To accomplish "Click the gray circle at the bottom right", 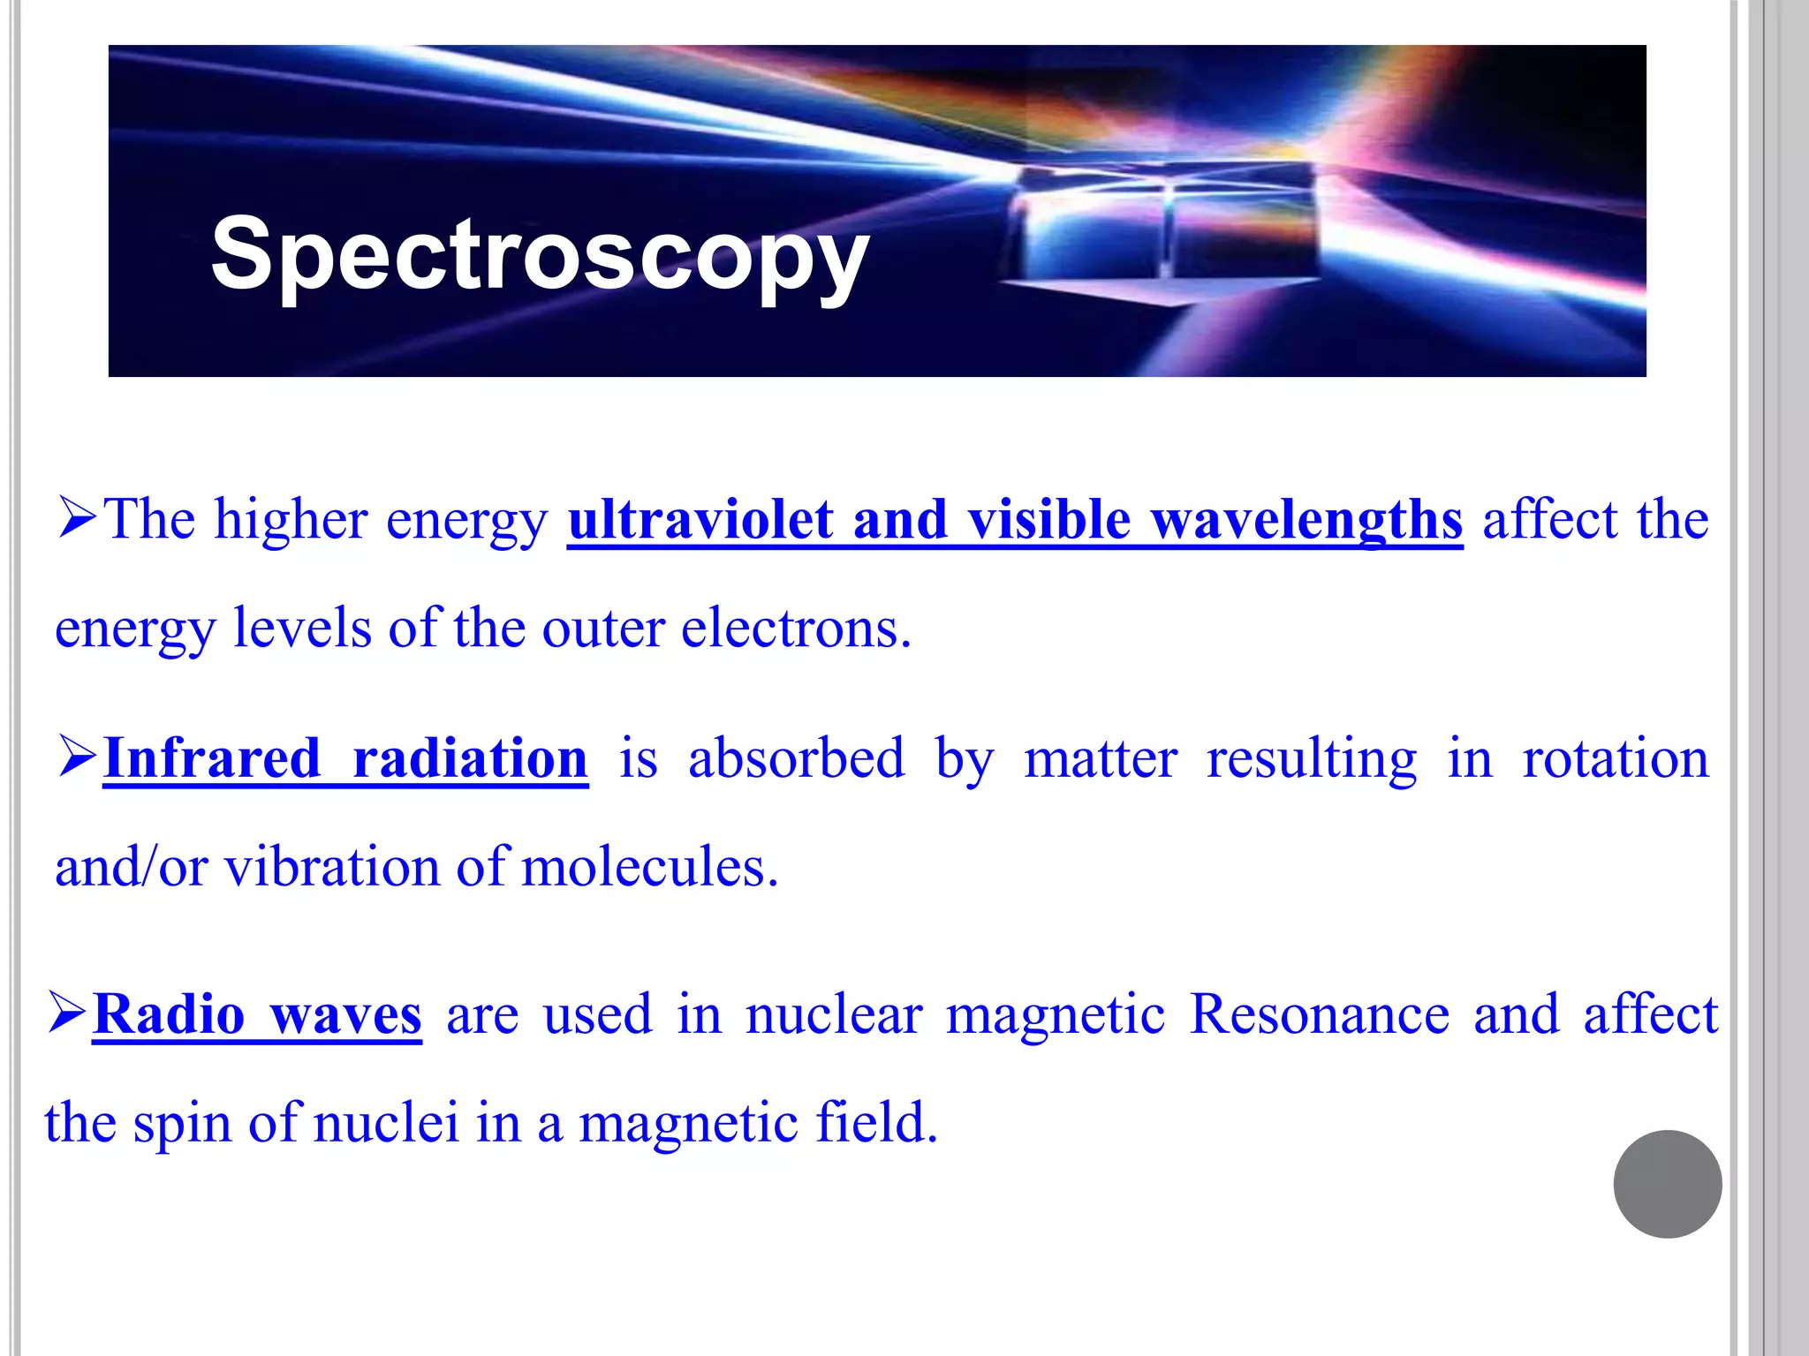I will [x=1667, y=1184].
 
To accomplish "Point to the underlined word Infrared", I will [x=212, y=758].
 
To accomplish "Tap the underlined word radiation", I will [x=470, y=758].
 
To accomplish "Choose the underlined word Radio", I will [x=169, y=1014].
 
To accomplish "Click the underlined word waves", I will [x=346, y=1016].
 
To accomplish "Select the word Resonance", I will [x=1320, y=1014].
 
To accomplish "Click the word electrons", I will [x=796, y=629].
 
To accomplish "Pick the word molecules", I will [x=650, y=867].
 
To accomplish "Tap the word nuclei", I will [x=386, y=1123].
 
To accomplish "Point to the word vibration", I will [x=332, y=867].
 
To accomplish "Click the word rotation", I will [x=1616, y=758].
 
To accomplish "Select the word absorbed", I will [x=797, y=758].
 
